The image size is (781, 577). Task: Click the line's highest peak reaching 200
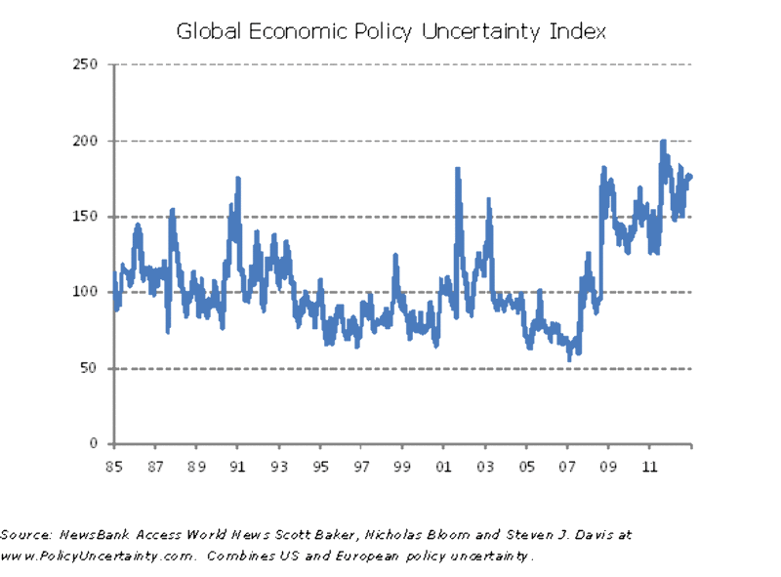(663, 142)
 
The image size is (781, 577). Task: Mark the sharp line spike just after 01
(457, 170)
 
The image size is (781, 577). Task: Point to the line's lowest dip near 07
(569, 359)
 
